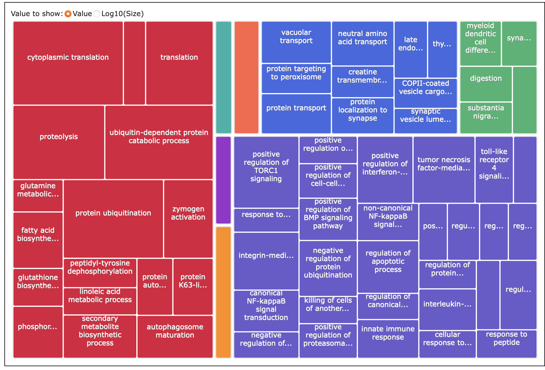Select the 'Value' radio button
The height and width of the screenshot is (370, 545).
point(68,14)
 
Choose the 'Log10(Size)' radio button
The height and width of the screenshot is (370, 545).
point(97,14)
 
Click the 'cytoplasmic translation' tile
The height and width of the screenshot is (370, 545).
point(68,63)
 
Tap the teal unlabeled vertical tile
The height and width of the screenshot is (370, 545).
point(223,77)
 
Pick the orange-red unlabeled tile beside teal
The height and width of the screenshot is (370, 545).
point(246,77)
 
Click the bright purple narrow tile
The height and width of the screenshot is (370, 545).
point(223,180)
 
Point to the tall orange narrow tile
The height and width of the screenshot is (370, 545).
point(223,292)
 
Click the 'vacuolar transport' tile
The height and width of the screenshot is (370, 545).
point(296,42)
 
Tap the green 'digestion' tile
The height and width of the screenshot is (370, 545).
point(486,84)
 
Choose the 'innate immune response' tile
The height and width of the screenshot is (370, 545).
point(388,338)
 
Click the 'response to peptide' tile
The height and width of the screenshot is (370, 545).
point(506,344)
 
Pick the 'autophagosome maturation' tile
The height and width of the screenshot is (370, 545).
point(175,336)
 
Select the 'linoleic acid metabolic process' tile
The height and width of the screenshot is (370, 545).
point(100,301)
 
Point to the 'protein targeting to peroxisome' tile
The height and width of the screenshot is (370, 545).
point(296,78)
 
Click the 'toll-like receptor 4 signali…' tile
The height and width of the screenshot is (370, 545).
point(494,169)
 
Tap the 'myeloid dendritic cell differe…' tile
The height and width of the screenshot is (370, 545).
point(480,43)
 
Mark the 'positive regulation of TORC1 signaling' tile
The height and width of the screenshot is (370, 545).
point(266,172)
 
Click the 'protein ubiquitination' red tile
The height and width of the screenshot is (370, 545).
point(113,219)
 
